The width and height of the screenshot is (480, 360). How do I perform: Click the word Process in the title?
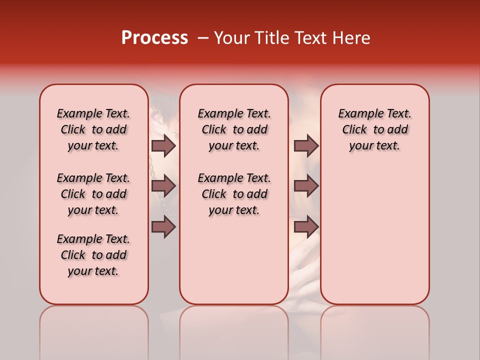coord(154,38)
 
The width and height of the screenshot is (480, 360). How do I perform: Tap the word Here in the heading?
coord(351,38)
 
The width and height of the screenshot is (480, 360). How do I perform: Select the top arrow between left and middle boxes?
coord(163,146)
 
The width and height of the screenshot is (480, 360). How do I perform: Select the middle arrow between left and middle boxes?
coord(163,186)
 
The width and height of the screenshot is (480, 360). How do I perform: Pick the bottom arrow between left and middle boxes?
coord(163,227)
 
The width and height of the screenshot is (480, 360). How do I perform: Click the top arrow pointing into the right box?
coord(306,146)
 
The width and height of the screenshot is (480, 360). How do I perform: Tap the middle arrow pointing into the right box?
coord(306,186)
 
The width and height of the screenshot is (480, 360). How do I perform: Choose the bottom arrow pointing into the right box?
coord(306,227)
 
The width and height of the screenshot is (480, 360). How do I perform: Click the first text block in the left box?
coord(93,129)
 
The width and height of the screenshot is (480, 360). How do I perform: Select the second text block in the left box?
coord(93,194)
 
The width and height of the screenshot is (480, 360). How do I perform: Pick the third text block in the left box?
coord(93,255)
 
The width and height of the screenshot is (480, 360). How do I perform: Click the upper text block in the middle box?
coord(234,129)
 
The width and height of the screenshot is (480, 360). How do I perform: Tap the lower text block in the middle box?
coord(234,194)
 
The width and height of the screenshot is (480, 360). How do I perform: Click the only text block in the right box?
coord(374,129)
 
